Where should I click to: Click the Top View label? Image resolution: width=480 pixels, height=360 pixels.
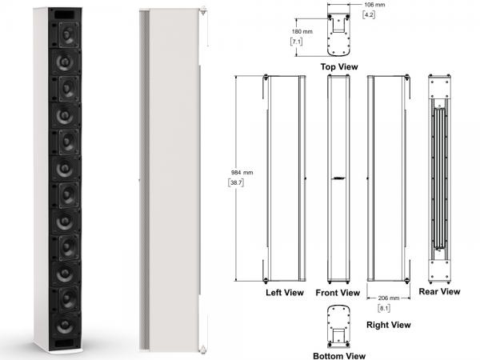[339, 66]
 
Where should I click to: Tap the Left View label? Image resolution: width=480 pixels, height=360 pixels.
[285, 293]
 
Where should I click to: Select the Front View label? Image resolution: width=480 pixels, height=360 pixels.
[338, 293]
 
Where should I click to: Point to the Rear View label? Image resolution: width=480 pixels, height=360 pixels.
[439, 291]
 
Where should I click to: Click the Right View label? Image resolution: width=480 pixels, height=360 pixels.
[389, 325]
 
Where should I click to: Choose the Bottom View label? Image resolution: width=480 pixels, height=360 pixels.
[339, 356]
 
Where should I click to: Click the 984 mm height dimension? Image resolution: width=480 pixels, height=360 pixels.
[242, 173]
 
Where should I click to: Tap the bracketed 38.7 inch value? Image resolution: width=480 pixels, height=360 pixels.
[236, 182]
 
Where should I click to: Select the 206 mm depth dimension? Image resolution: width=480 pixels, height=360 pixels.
[389, 298]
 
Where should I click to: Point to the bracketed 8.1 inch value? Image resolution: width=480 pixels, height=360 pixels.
[384, 308]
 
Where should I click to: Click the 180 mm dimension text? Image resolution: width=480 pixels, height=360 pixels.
[302, 31]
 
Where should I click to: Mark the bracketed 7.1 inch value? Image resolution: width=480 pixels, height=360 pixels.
[296, 42]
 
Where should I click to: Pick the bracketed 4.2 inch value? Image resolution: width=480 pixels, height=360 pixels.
[369, 14]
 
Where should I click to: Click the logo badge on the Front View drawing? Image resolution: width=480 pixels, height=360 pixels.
[338, 178]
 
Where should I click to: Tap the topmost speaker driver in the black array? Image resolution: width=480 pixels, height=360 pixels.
[68, 34]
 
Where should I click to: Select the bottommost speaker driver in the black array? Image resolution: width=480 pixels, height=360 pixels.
[65, 326]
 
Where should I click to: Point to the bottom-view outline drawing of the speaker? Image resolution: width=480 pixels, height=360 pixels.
[338, 326]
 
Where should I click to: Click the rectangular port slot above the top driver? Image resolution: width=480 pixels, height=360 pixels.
[64, 14]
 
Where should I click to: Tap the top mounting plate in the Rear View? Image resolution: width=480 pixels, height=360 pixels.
[439, 86]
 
